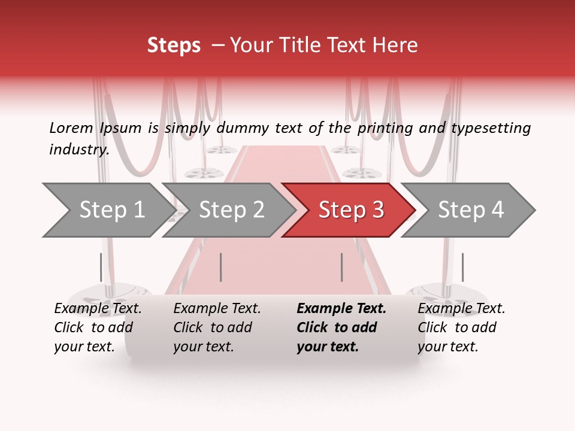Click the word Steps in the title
174,45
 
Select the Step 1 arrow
108,210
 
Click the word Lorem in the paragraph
71,128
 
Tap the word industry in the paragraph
78,150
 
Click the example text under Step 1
98,327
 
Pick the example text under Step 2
217,327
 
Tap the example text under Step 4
461,327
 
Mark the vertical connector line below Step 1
101,267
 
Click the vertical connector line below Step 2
221,267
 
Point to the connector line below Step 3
341,267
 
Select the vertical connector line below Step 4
462,267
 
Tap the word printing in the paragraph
385,128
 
